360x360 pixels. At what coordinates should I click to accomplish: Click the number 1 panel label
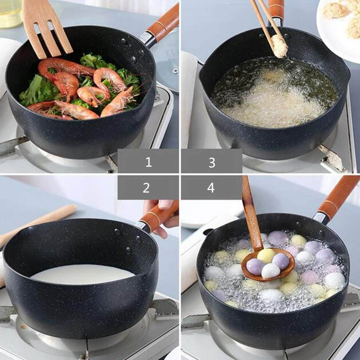[148, 161]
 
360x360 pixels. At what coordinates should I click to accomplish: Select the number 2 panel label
[146, 188]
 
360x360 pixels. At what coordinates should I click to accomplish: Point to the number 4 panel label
[211, 188]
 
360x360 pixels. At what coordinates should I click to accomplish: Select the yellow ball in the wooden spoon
[266, 255]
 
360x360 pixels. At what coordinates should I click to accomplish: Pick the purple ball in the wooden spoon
[255, 266]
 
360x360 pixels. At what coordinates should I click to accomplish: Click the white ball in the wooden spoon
[270, 271]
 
